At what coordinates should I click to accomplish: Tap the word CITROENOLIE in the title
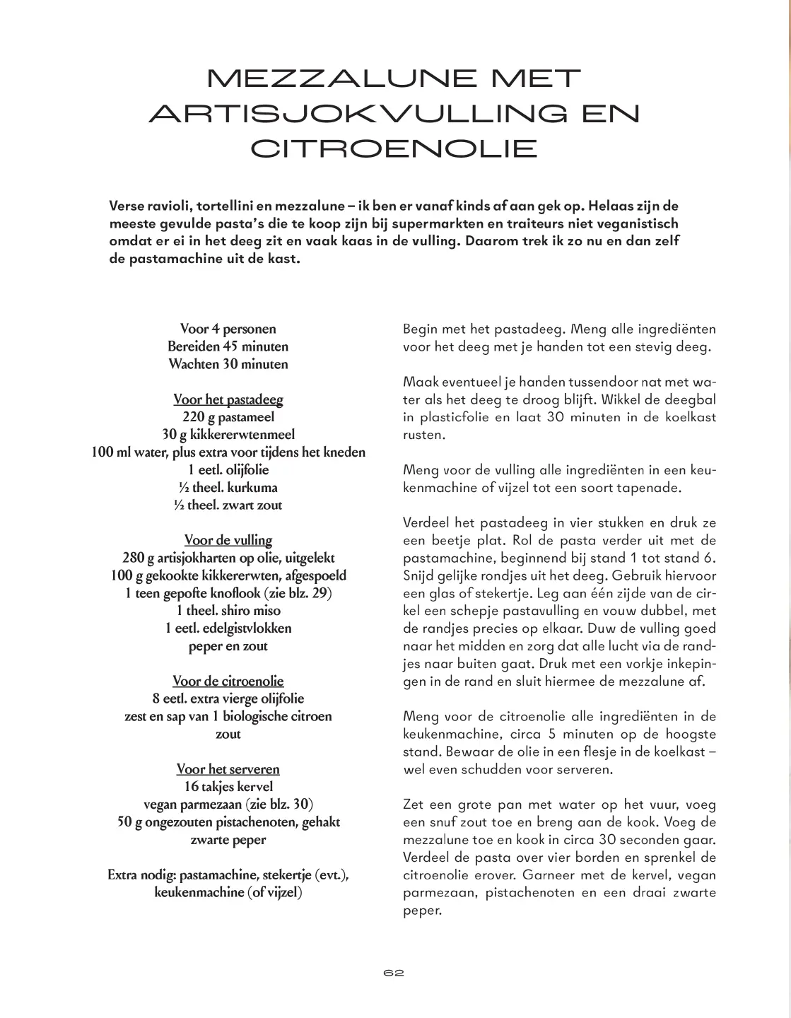[394, 148]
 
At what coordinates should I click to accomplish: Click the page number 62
[394, 973]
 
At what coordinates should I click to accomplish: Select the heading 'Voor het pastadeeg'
[228, 399]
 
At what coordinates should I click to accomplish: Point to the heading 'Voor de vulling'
[228, 540]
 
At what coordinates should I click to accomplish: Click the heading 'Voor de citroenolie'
[228, 681]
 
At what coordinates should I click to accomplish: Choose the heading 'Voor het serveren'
[228, 769]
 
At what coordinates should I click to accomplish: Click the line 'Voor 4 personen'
[228, 329]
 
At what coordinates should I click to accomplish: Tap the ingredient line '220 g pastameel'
[228, 417]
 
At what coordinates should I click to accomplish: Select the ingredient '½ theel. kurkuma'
[228, 487]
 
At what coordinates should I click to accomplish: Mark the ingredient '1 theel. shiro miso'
[228, 610]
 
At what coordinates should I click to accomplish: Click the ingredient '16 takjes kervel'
[228, 787]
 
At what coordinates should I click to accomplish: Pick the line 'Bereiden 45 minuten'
[228, 346]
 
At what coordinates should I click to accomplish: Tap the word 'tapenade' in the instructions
[634, 488]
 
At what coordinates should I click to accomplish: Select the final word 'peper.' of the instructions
[422, 911]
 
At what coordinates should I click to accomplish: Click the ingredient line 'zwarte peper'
[228, 840]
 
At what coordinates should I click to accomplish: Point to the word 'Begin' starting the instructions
[420, 329]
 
